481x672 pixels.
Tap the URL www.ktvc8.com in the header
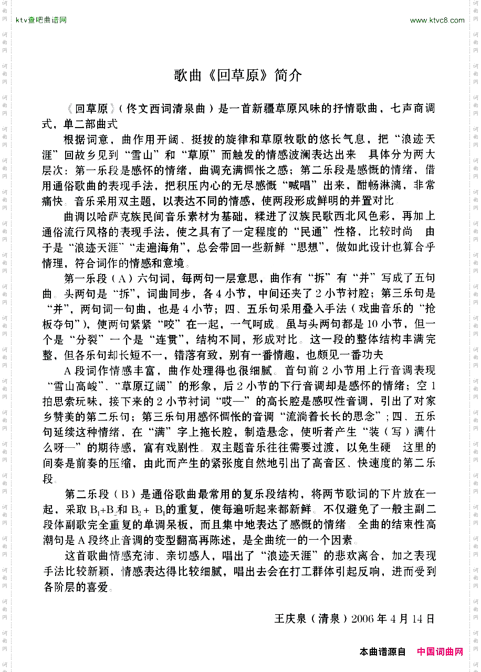point(437,20)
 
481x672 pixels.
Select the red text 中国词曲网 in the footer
point(440,652)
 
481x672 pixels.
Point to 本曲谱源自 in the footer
point(383,652)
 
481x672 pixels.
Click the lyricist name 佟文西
point(141,109)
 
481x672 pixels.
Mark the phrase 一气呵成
point(258,324)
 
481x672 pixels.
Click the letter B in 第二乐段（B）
point(125,495)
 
